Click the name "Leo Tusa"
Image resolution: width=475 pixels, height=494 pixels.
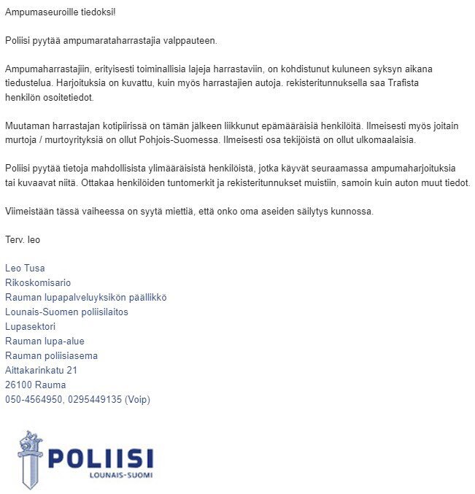click(x=25, y=269)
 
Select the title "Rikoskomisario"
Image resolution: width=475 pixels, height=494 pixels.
click(x=38, y=283)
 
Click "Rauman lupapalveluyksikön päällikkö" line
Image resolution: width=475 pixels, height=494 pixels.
click(x=86, y=298)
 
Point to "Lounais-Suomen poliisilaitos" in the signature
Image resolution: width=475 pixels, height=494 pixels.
click(x=66, y=312)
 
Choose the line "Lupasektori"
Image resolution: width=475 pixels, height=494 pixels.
click(x=30, y=327)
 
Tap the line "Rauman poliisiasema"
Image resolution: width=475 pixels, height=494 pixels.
click(x=51, y=356)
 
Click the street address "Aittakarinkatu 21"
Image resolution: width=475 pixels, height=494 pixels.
click(x=41, y=371)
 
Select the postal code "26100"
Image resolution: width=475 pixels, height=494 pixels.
click(x=20, y=385)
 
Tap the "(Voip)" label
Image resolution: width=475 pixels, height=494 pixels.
click(x=137, y=400)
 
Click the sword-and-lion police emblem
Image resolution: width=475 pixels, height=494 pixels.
click(x=30, y=459)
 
